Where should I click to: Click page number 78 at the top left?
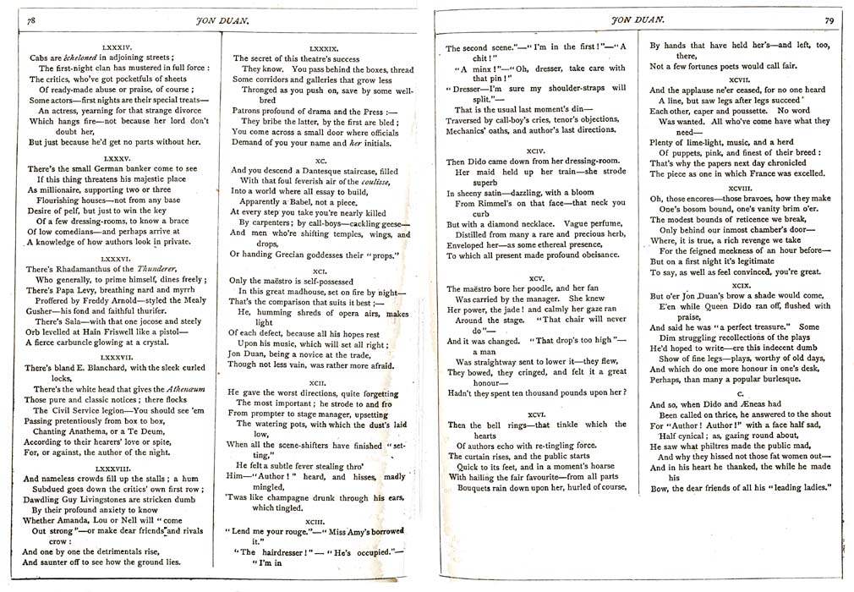point(31,19)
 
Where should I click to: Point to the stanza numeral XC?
point(320,159)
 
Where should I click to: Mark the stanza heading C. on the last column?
point(740,394)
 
